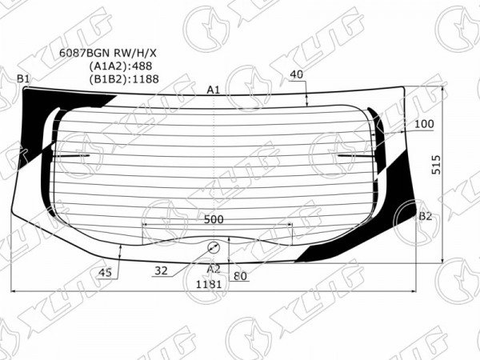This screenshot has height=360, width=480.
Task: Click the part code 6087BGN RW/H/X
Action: (x=107, y=54)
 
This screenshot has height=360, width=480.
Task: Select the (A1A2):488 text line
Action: (x=121, y=66)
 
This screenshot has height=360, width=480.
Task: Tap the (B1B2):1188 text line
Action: (x=124, y=79)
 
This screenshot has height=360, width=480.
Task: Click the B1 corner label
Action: (x=23, y=79)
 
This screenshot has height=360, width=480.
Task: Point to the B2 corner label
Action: (x=426, y=217)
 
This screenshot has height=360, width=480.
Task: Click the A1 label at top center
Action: (x=214, y=90)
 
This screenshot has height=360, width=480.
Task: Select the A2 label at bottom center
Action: (x=214, y=269)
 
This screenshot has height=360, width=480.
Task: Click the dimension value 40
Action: (x=296, y=74)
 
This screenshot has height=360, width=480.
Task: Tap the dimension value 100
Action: (x=424, y=124)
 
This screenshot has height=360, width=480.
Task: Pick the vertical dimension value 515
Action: (x=436, y=165)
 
